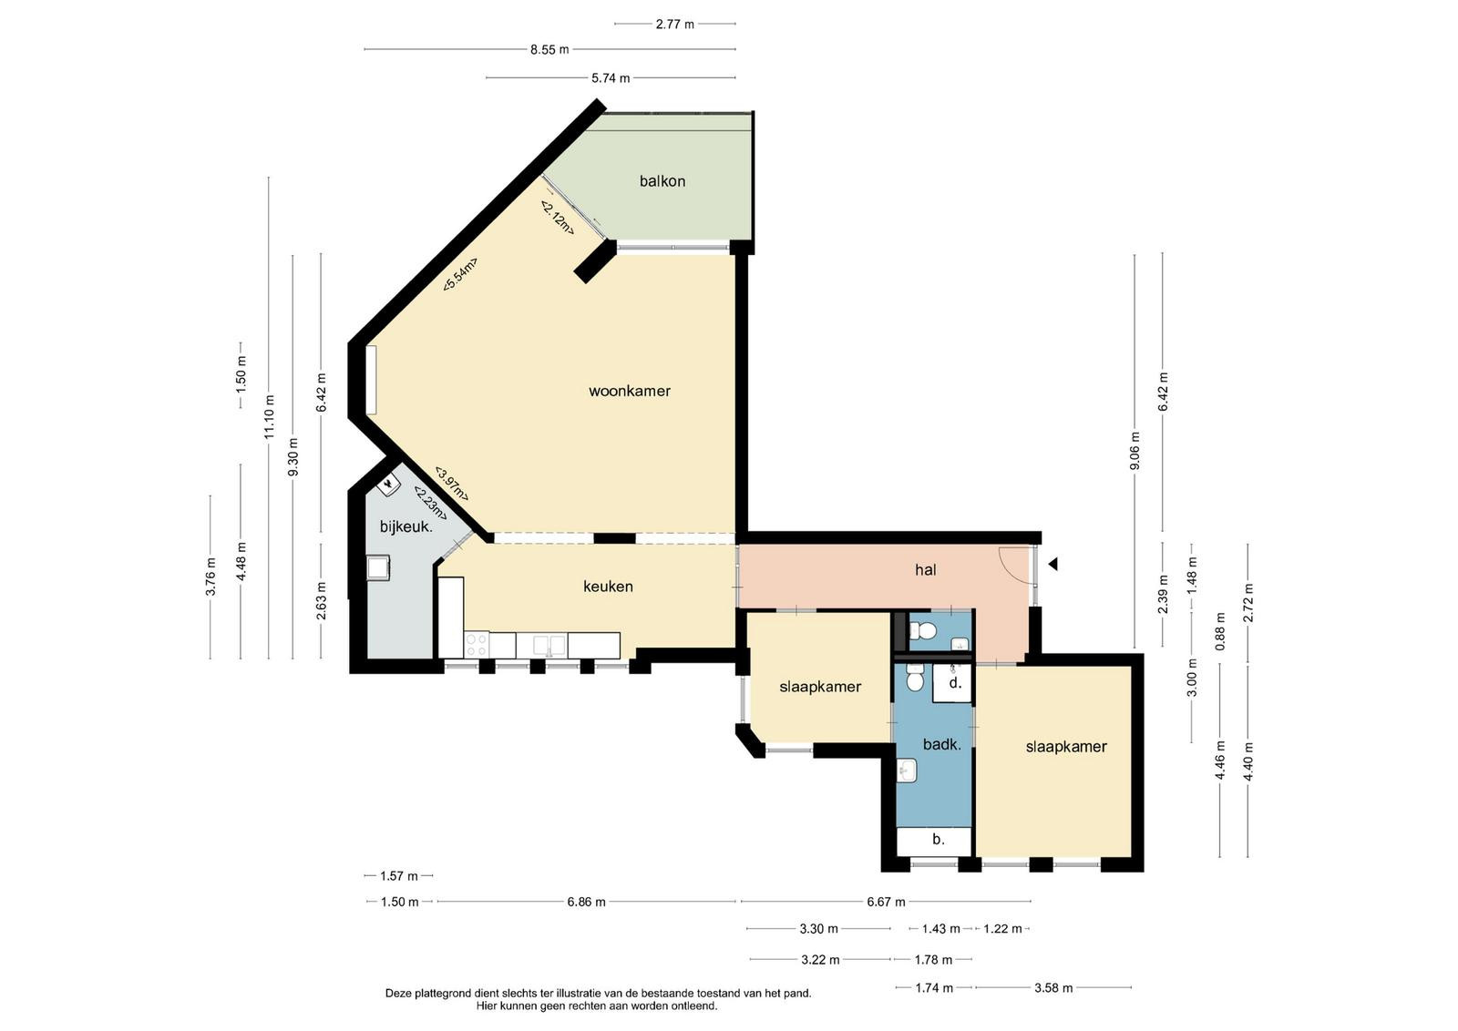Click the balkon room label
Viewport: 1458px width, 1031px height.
(662, 181)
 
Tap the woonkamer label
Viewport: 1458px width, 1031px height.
(630, 391)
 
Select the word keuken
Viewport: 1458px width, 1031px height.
(608, 587)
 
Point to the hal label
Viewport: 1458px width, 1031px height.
(926, 570)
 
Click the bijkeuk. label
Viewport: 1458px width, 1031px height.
(406, 526)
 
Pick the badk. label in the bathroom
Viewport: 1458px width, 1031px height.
(942, 744)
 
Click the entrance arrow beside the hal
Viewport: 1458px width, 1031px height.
(1052, 564)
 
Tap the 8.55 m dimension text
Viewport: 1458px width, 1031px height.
(549, 49)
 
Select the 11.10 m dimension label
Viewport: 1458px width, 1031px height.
(270, 417)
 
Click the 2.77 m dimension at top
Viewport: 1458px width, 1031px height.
(675, 24)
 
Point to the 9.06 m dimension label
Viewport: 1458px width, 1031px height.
(1135, 450)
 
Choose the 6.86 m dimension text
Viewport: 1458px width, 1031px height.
(587, 902)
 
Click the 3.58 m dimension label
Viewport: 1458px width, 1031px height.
(1053, 988)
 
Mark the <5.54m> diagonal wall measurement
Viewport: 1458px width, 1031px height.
(460, 274)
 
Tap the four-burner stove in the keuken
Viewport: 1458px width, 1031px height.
(477, 645)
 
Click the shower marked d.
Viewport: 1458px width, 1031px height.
(952, 682)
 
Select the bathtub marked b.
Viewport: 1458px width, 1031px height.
(934, 841)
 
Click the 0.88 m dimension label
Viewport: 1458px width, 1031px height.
(1220, 631)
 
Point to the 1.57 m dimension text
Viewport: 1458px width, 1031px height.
(399, 876)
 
